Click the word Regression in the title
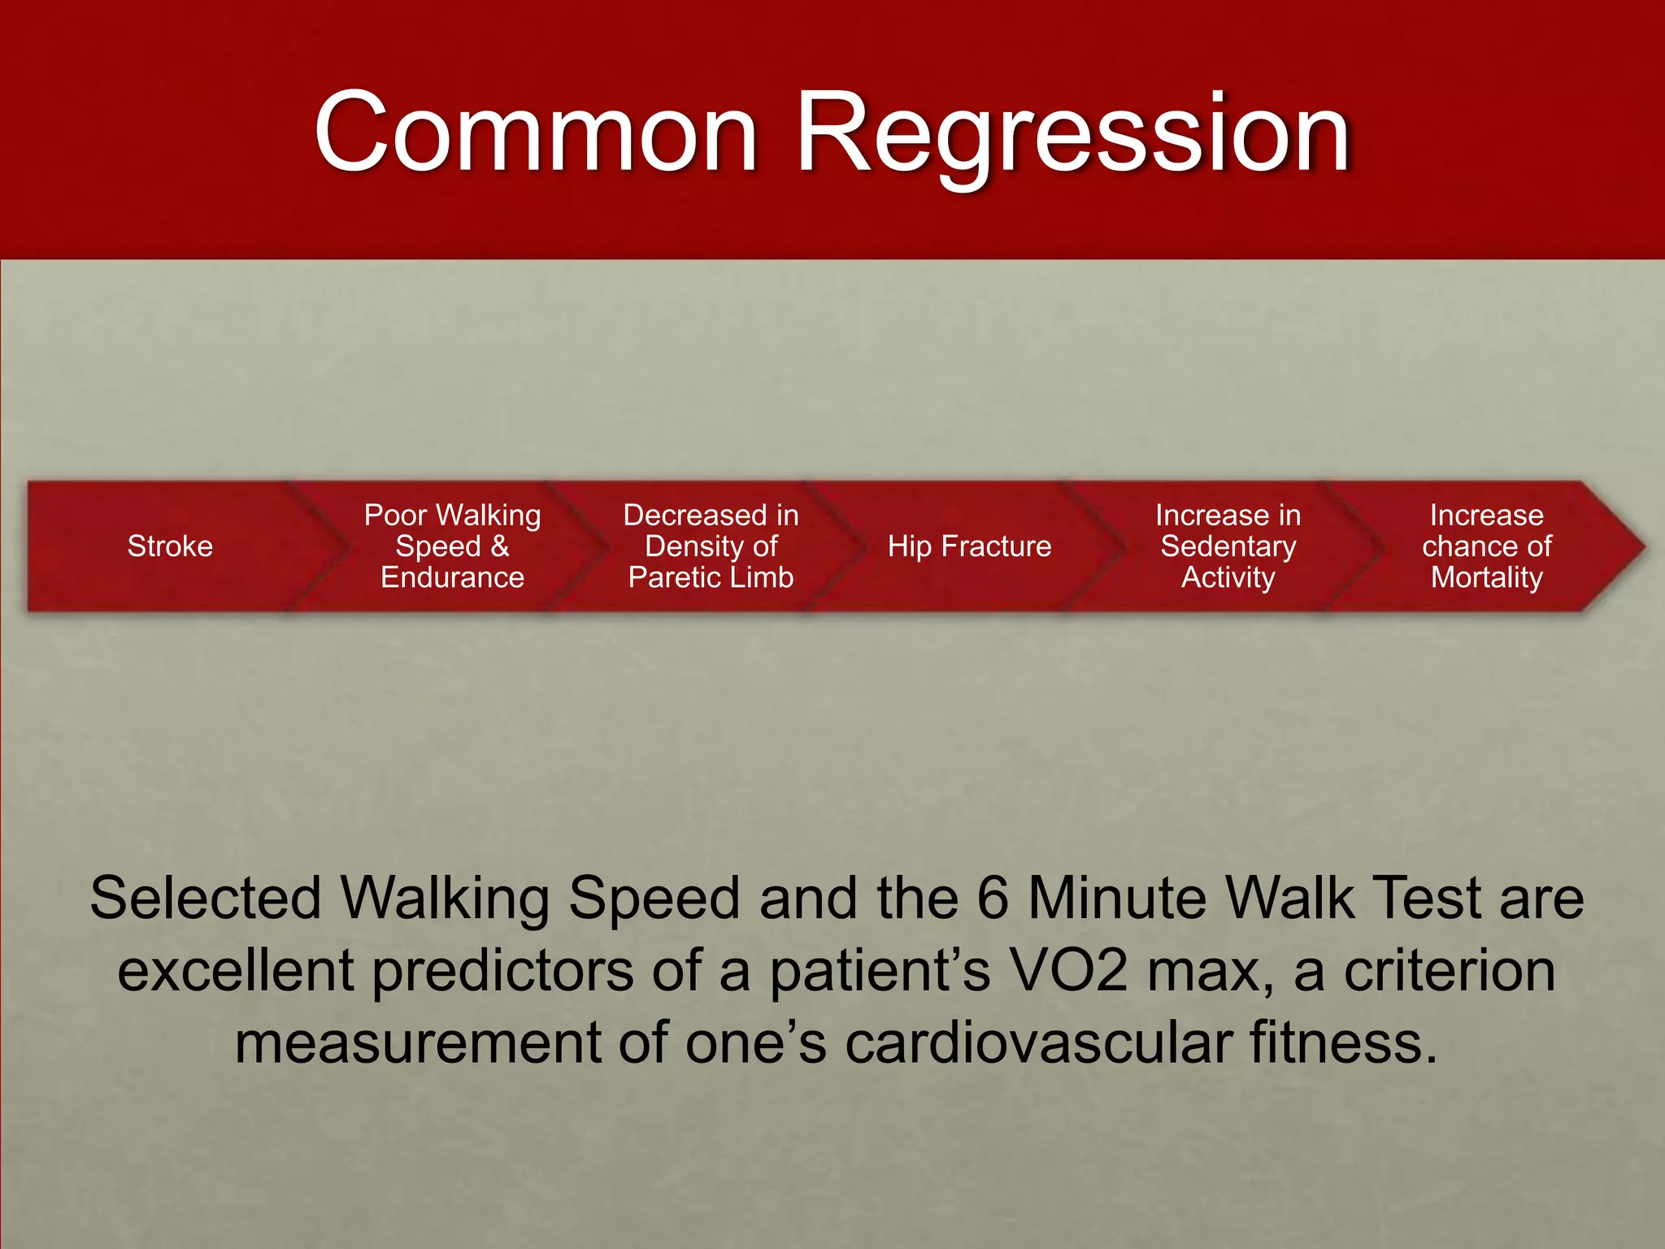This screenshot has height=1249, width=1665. (x=1073, y=134)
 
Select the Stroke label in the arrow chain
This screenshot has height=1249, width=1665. (x=170, y=546)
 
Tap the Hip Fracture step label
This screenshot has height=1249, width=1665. (x=969, y=546)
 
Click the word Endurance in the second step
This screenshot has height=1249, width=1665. (x=452, y=577)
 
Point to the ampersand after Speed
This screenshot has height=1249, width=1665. (x=499, y=546)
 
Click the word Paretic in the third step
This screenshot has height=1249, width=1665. (x=667, y=577)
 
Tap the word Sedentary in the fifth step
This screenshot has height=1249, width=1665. (x=1228, y=546)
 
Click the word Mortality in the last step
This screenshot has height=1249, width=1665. (x=1486, y=577)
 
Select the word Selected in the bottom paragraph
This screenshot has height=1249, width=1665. (x=206, y=899)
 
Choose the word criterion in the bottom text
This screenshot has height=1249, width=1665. (x=1449, y=971)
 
